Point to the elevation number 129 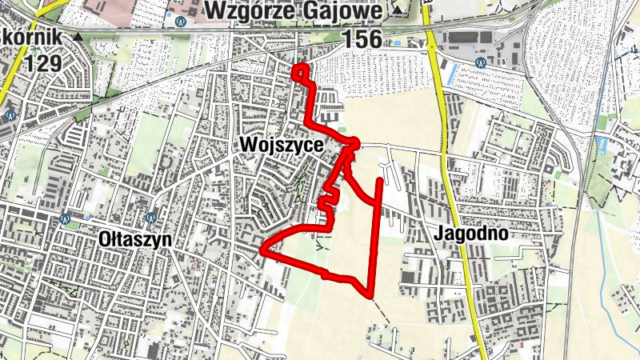tap(43, 63)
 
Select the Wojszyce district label tap(280, 146)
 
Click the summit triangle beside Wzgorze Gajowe tap(398, 11)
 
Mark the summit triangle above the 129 tap(78, 37)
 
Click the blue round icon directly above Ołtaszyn tap(150, 216)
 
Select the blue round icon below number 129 tap(10, 114)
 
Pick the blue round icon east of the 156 tap(480, 62)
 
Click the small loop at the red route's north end tap(301, 73)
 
